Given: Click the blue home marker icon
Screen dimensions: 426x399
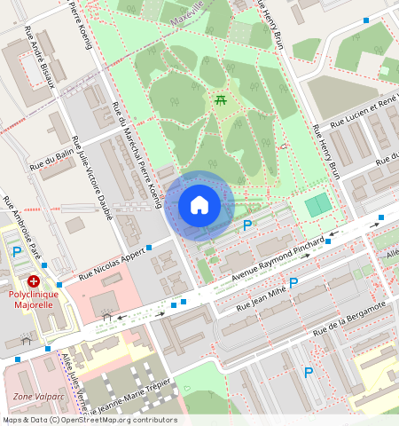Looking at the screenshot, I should pos(199,205).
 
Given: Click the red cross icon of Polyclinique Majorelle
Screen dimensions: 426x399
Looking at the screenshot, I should pos(34,280).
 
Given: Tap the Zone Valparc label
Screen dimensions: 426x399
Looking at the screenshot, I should pos(39,397).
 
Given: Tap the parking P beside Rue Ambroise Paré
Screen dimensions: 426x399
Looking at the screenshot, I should pos(17,252).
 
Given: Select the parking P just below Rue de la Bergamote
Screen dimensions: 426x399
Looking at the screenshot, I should pos(309,373).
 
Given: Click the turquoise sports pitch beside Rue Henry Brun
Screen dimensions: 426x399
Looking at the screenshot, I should pos(318,205).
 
